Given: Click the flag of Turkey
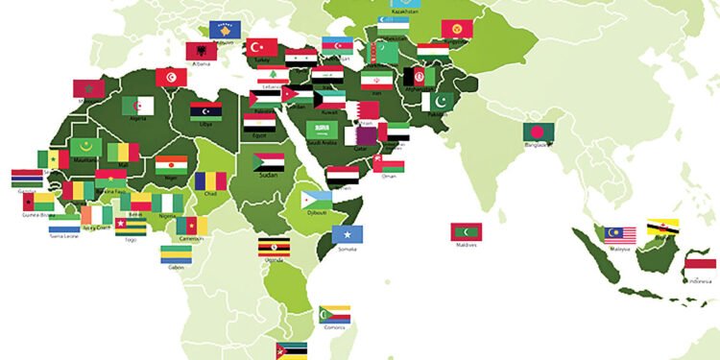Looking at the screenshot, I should [x=262, y=47].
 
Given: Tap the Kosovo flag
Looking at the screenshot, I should [x=226, y=30].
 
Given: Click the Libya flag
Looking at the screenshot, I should [x=206, y=110].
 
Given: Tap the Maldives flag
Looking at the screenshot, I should [x=467, y=232].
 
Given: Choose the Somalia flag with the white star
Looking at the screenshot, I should [x=348, y=234].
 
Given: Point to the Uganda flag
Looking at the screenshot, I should [x=275, y=248].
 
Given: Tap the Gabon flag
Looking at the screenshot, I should [x=175, y=253].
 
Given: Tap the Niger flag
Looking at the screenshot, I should [x=172, y=165].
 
